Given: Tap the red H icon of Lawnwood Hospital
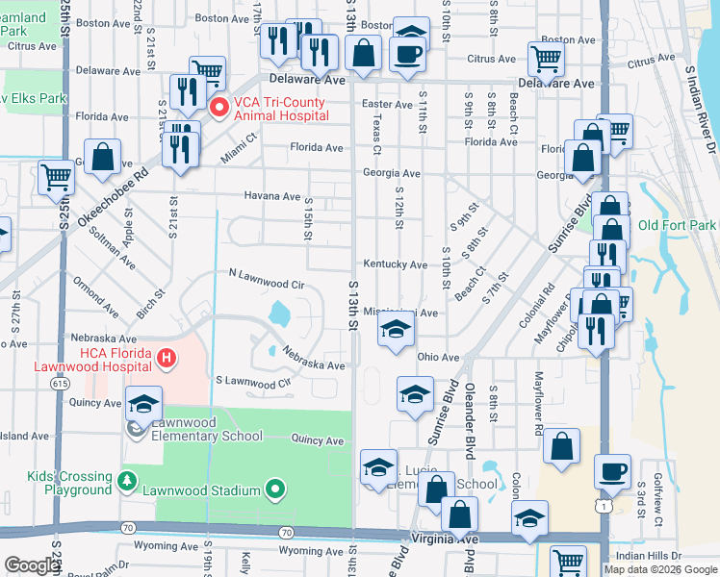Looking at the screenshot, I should pos(167,359).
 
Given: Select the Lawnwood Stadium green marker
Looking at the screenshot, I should pos(275,489).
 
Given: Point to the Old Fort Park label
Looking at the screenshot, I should pos(677,226).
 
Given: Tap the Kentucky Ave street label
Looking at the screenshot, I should pos(395,264).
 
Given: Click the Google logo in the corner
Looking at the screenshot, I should pos(32,565).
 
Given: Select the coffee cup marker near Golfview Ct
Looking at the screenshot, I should pos(612,472).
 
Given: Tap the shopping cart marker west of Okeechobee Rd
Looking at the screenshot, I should pos(57,177).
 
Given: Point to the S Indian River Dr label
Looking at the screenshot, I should pos(702,106).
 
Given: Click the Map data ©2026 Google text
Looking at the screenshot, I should pos(660,569).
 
